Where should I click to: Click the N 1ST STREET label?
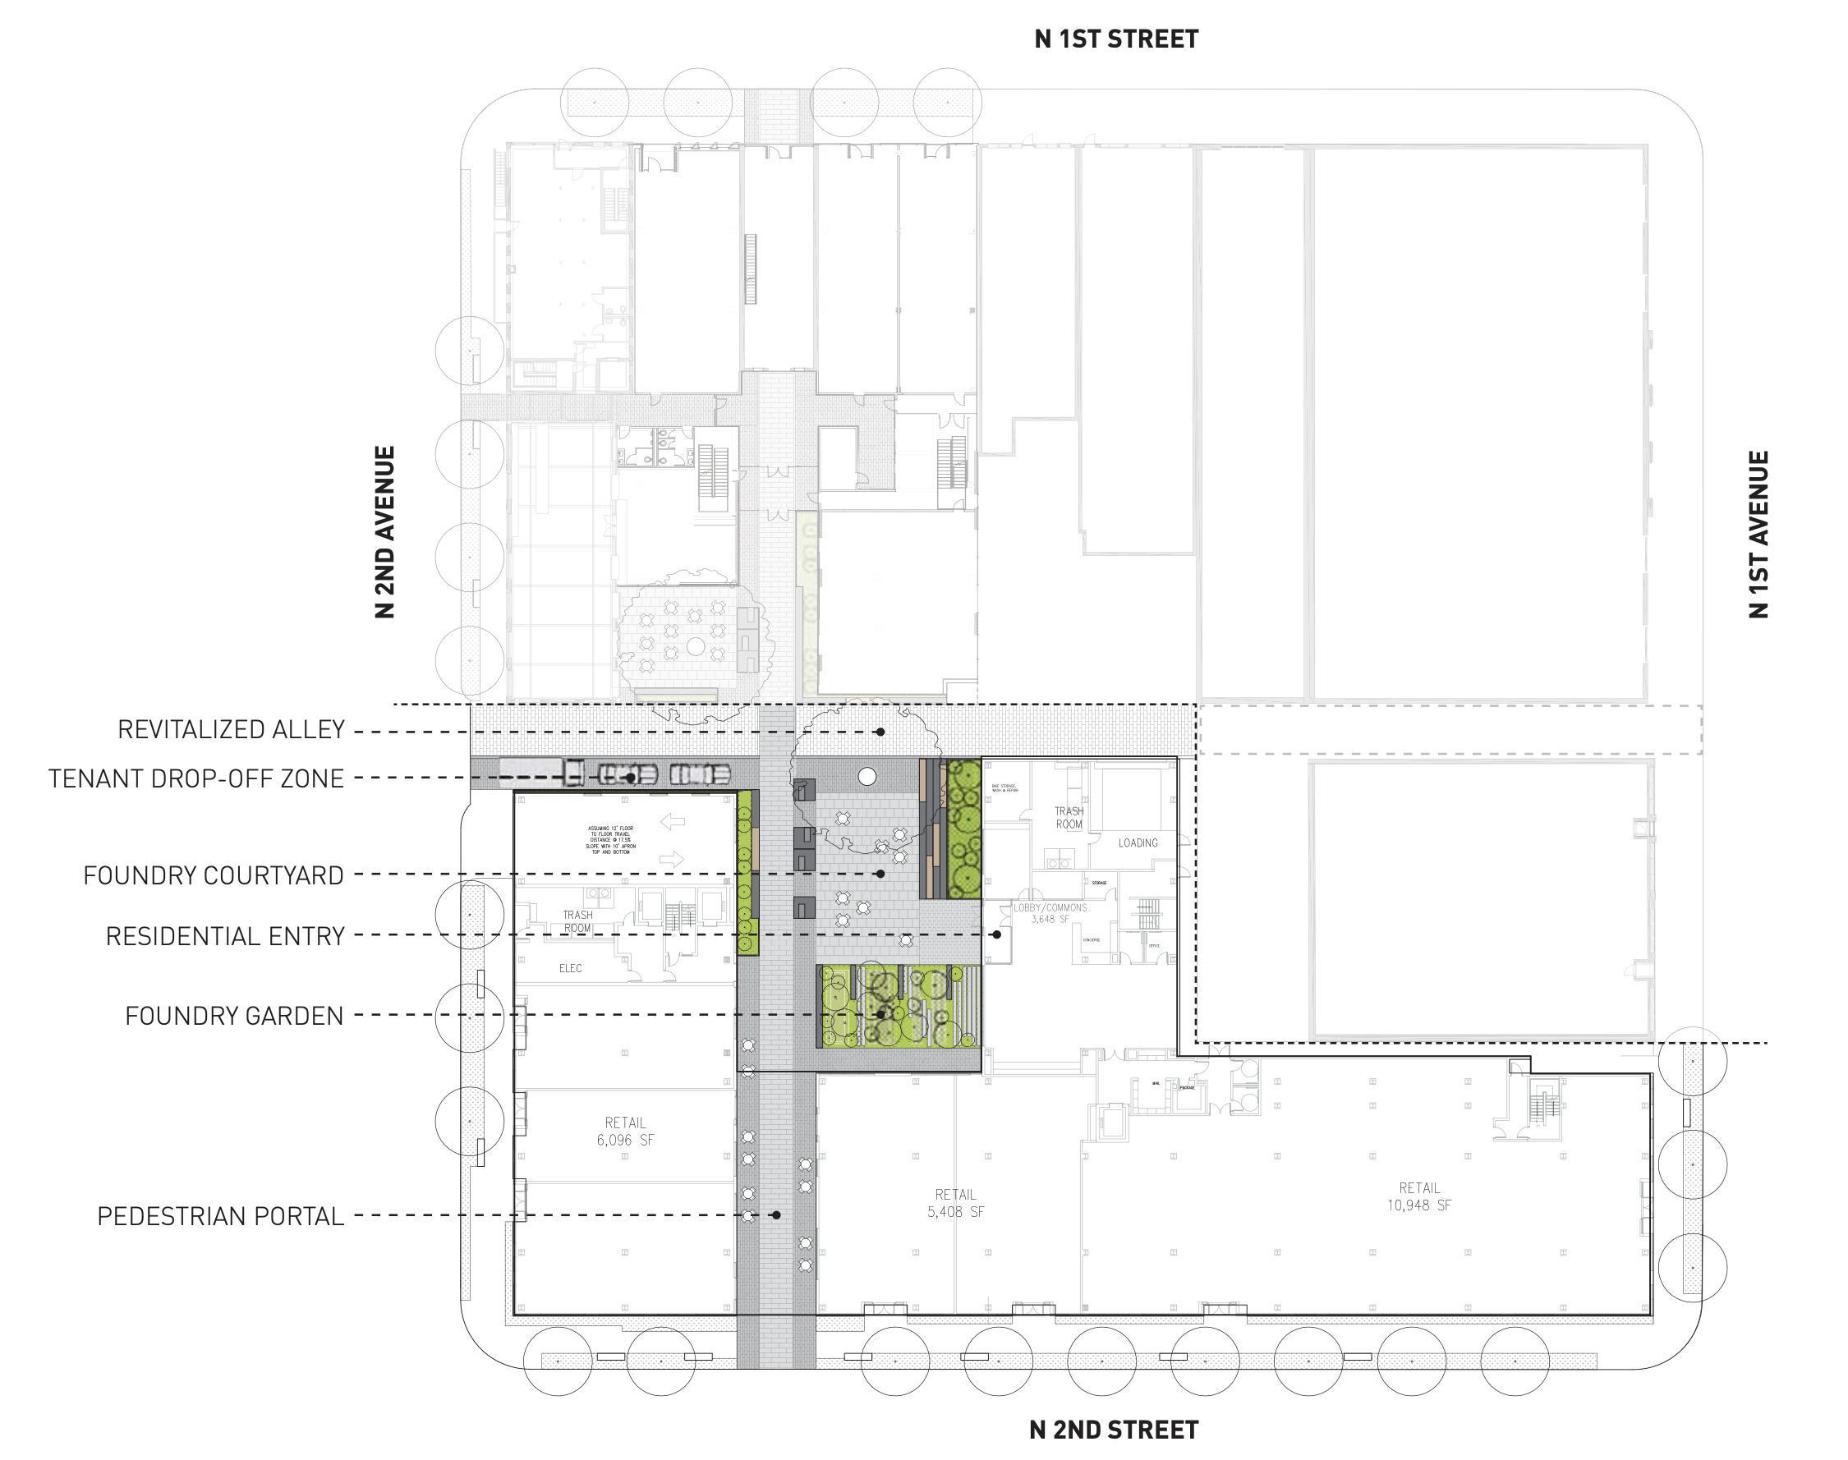point(1115,39)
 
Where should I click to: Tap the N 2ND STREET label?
point(1113,1430)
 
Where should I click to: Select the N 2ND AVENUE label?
point(384,531)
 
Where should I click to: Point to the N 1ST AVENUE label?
point(1758,535)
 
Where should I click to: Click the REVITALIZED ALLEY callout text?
point(231,730)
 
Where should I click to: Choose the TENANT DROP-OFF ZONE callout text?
point(195,778)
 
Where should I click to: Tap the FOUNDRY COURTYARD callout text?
point(213,875)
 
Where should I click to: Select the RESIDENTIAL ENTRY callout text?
point(225,936)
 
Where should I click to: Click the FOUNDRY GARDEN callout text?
point(233,1016)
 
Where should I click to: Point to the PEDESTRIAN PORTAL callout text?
point(221,1215)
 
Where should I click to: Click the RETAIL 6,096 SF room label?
point(625,1131)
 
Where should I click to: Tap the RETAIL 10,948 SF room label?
point(1419,1196)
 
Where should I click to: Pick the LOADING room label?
point(1138,842)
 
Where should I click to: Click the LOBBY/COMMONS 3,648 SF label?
point(1050,913)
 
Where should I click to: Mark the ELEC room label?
point(570,968)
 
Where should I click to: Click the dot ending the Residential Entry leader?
point(996,934)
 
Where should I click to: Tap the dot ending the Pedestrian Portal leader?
point(776,1214)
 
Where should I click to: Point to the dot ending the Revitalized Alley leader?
point(880,732)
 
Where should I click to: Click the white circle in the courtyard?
point(867,776)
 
